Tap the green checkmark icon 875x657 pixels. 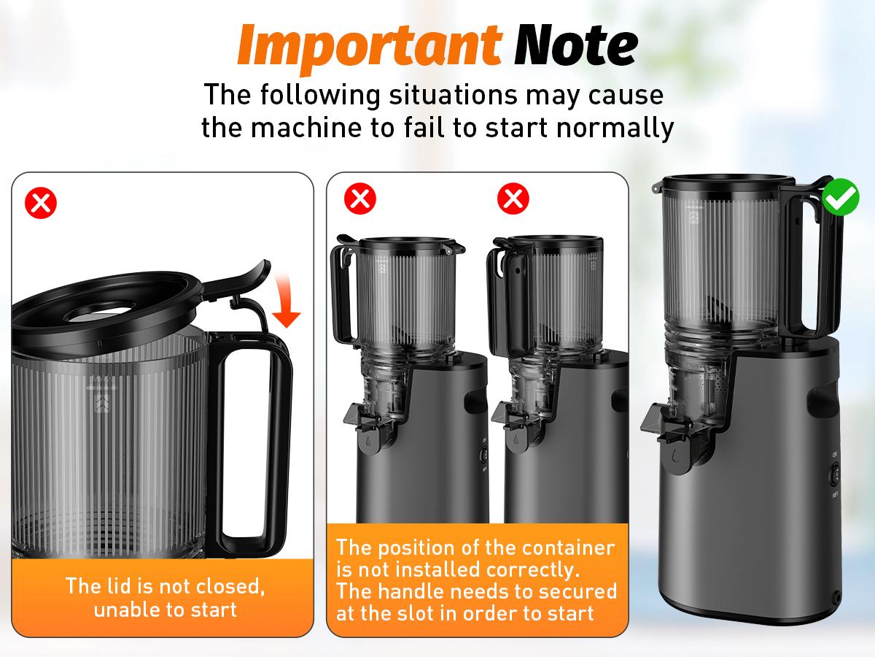pyautogui.click(x=841, y=199)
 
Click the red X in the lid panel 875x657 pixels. pyautogui.click(x=41, y=203)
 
